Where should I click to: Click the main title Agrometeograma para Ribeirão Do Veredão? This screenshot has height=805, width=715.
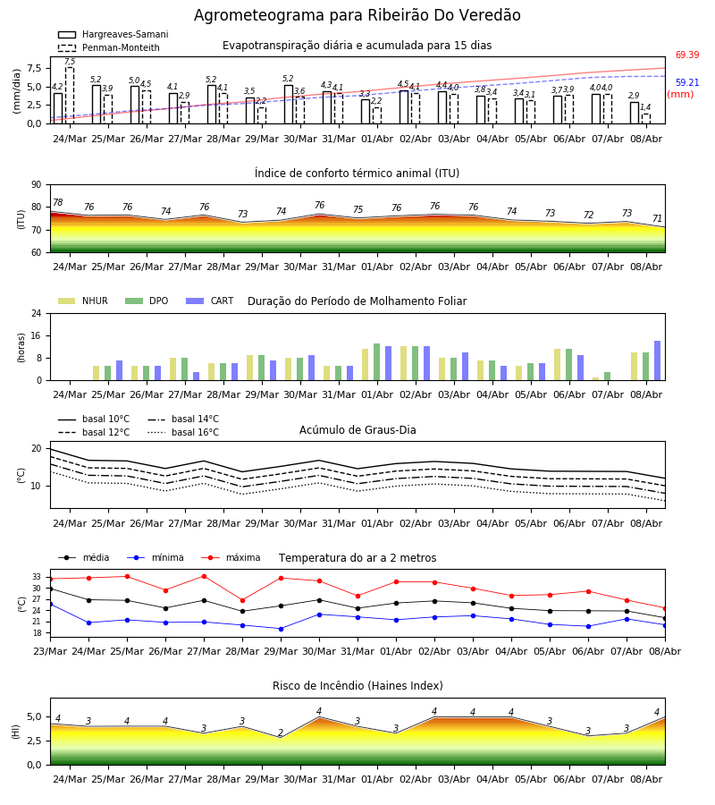(357, 15)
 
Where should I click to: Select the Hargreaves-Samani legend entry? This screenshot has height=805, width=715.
(113, 34)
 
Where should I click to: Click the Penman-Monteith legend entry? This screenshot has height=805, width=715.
(109, 47)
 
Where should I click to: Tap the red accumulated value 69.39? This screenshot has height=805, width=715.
(686, 55)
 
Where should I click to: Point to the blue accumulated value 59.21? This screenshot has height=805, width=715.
(686, 82)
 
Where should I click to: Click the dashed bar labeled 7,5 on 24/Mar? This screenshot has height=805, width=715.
(70, 96)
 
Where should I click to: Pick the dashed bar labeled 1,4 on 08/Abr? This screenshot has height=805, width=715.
(646, 119)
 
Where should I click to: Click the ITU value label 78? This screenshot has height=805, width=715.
(57, 202)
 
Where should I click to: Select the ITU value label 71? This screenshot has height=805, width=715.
(657, 219)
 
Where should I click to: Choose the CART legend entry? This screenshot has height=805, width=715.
(210, 301)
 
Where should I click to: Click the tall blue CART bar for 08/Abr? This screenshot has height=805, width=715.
(657, 360)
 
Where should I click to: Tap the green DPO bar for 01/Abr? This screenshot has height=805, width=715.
(376, 362)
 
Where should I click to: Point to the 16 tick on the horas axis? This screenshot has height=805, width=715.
(38, 335)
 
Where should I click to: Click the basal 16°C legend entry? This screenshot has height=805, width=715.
(183, 432)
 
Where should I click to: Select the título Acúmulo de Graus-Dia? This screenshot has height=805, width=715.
(357, 430)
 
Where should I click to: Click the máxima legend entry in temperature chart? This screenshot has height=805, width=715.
(231, 557)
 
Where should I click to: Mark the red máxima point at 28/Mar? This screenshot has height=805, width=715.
(242, 600)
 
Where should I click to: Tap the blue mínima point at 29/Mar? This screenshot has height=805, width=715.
(281, 629)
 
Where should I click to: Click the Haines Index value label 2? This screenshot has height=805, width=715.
(281, 733)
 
